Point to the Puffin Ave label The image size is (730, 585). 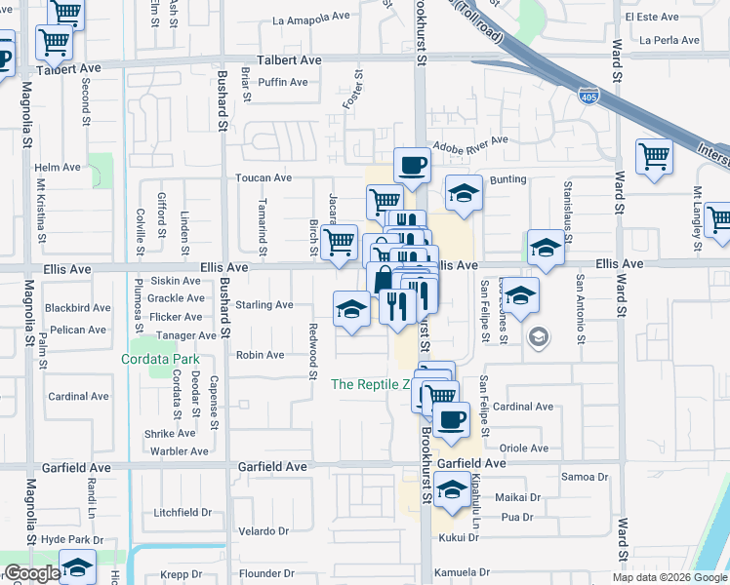pos(284,82)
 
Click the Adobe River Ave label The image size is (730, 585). pos(470,140)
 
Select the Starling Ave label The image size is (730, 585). pos(264,305)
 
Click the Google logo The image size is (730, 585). pos(31,572)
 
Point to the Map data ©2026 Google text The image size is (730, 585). pos(669,577)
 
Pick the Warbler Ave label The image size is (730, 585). pos(179,451)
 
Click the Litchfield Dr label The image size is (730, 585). pos(182,512)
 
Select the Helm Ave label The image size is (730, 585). pos(58,168)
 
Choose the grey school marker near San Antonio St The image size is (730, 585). pos(536,337)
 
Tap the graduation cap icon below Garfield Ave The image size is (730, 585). pos(452,490)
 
